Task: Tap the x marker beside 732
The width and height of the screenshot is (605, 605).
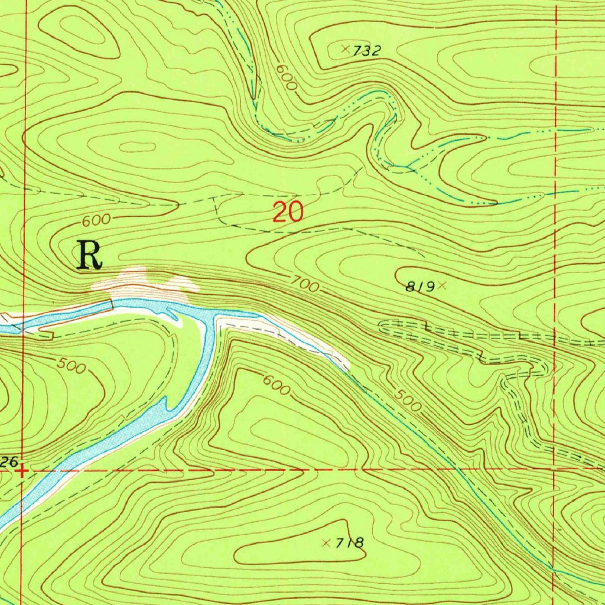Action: click(346, 50)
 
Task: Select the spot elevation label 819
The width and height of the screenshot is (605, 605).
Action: click(419, 287)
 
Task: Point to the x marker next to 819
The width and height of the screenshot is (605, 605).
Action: click(441, 285)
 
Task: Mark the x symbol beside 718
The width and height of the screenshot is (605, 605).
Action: click(326, 542)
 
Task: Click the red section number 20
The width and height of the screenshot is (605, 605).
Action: click(288, 212)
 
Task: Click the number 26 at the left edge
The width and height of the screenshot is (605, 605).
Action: click(8, 461)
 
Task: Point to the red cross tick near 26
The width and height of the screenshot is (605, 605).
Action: click(21, 471)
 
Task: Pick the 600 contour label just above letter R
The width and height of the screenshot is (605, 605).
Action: click(96, 220)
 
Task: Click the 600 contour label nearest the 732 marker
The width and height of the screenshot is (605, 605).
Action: click(286, 77)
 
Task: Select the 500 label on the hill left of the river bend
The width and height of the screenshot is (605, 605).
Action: click(73, 366)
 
